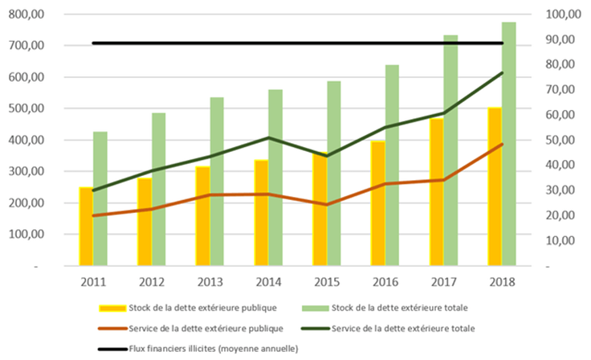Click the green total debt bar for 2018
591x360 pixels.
pos(509,145)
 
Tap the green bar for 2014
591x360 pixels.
pos(275,177)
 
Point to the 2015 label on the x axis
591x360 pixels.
pos(325,282)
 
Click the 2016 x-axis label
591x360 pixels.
pos(385,282)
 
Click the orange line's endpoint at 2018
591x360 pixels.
pos(503,145)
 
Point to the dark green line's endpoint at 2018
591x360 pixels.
pos(503,72)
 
